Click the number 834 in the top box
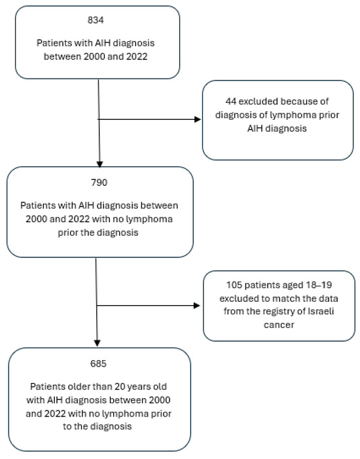pos(96,20)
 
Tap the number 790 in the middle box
pos(99,183)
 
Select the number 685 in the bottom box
pos(98,363)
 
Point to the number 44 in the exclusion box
pos(231,101)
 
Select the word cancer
pos(279,325)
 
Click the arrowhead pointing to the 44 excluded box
pos(198,119)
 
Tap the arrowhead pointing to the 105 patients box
pos(197,306)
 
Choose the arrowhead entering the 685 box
pos(97,343)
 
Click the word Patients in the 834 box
pos(54,43)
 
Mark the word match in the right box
pos(285,299)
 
